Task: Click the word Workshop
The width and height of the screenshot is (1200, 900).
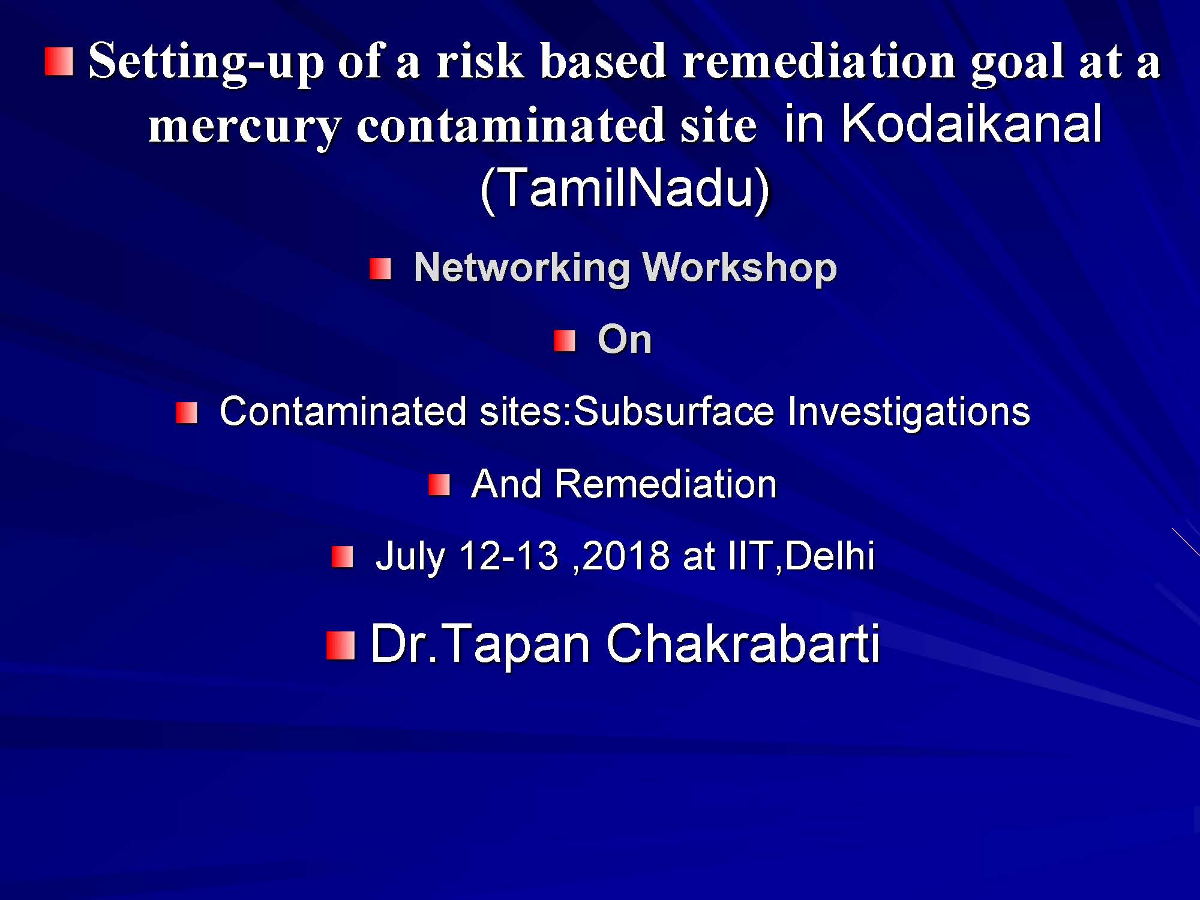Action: tap(739, 268)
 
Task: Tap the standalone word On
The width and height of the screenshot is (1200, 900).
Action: tap(625, 340)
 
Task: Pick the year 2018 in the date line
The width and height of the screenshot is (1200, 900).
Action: tap(626, 556)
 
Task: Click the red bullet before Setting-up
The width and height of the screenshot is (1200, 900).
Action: tap(59, 62)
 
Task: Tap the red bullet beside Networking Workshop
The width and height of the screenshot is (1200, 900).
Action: tap(380, 269)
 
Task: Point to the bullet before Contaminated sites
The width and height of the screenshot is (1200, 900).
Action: tap(187, 413)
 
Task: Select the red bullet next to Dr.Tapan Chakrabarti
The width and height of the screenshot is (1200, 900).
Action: tap(341, 646)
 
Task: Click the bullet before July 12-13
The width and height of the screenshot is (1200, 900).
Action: tap(343, 557)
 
